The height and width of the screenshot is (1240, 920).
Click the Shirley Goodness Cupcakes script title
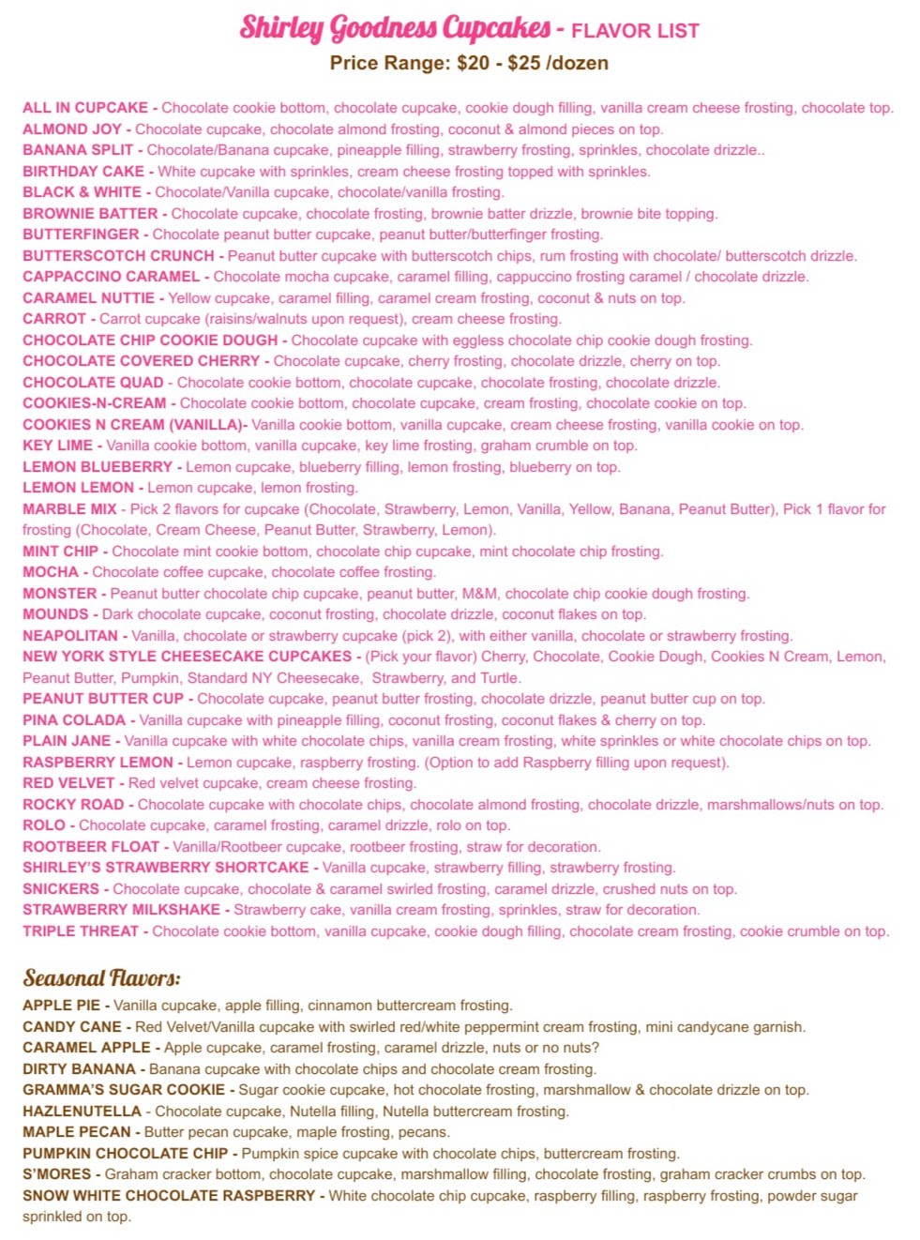click(x=395, y=28)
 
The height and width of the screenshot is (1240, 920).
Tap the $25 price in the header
click(x=522, y=64)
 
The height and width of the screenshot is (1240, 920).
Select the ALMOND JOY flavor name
click(x=71, y=129)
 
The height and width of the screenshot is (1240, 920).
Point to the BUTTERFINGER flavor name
click(x=81, y=234)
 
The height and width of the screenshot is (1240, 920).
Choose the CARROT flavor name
click(x=54, y=319)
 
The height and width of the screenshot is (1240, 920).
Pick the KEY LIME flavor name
click(x=57, y=446)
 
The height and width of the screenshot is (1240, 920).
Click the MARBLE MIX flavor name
click(x=70, y=509)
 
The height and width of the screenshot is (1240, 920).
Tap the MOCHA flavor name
click(x=51, y=572)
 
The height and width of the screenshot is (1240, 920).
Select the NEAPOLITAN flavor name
click(x=70, y=636)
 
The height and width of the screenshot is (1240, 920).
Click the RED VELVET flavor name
click(x=68, y=783)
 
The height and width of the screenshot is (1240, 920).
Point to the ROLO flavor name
click(x=44, y=825)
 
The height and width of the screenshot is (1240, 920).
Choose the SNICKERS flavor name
click(x=61, y=889)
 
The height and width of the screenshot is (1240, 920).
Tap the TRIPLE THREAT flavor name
click(x=81, y=931)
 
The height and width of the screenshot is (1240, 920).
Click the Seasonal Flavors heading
click(x=102, y=978)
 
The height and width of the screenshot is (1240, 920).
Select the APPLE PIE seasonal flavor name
click(x=61, y=1006)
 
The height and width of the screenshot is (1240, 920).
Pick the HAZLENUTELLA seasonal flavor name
click(x=82, y=1111)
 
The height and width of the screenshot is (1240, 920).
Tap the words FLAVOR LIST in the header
click(x=635, y=31)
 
